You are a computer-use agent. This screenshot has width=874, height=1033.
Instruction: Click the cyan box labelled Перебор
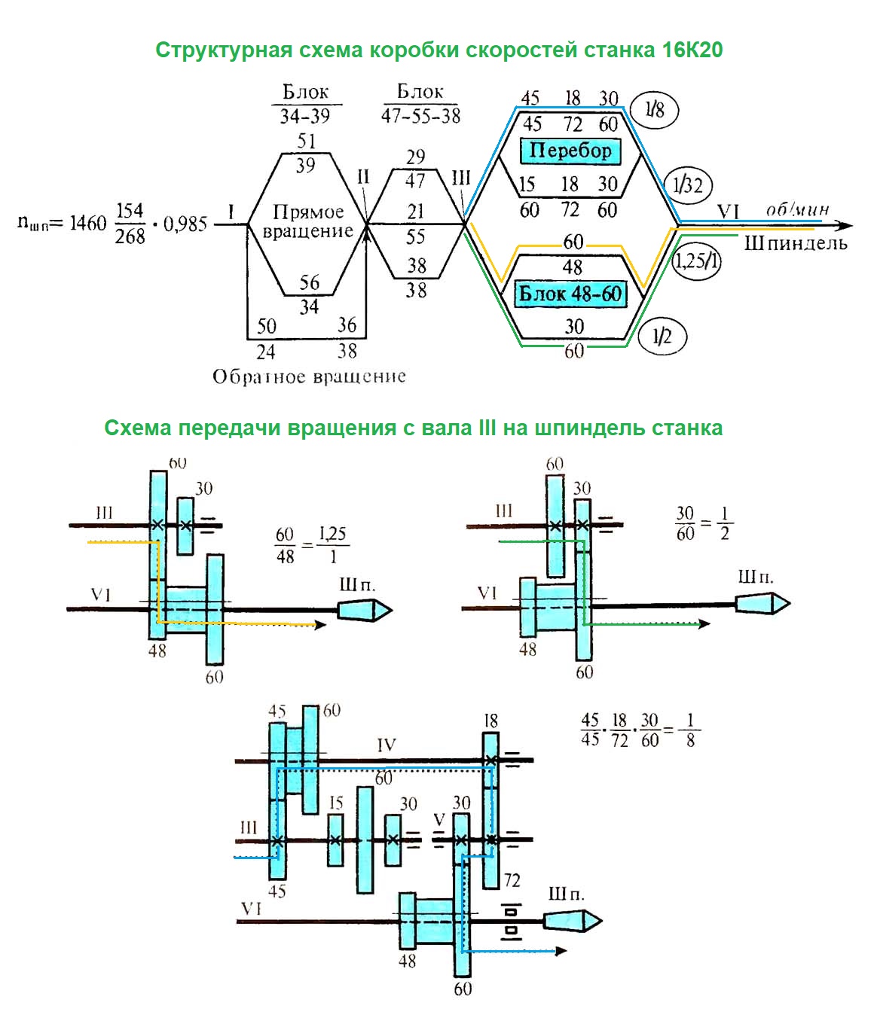[570, 151]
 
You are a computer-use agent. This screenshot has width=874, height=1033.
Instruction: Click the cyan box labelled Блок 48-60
[570, 293]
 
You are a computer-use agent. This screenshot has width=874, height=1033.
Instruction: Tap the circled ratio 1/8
[655, 110]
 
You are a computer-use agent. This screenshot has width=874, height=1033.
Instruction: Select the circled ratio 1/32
[687, 184]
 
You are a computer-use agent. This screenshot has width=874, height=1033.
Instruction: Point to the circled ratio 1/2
[661, 336]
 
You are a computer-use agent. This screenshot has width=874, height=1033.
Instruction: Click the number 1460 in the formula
[88, 223]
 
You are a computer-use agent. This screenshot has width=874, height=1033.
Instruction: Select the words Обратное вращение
[309, 376]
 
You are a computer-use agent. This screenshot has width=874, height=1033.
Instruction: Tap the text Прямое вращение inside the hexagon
[307, 221]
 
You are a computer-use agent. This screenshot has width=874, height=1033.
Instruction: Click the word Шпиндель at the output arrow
[796, 243]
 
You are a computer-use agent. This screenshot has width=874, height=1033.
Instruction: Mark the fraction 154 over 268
[130, 224]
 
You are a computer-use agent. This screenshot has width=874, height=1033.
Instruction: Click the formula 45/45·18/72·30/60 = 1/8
[640, 730]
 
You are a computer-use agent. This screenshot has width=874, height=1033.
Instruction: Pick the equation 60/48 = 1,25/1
[310, 545]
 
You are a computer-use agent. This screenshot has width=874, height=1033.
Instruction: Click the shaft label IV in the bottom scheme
[386, 745]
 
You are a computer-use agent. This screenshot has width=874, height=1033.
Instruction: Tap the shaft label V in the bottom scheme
[439, 819]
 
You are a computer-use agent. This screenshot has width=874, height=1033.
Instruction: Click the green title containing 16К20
[439, 50]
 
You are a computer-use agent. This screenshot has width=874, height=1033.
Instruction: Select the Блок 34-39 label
[305, 104]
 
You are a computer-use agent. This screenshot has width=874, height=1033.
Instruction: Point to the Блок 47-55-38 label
[420, 104]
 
